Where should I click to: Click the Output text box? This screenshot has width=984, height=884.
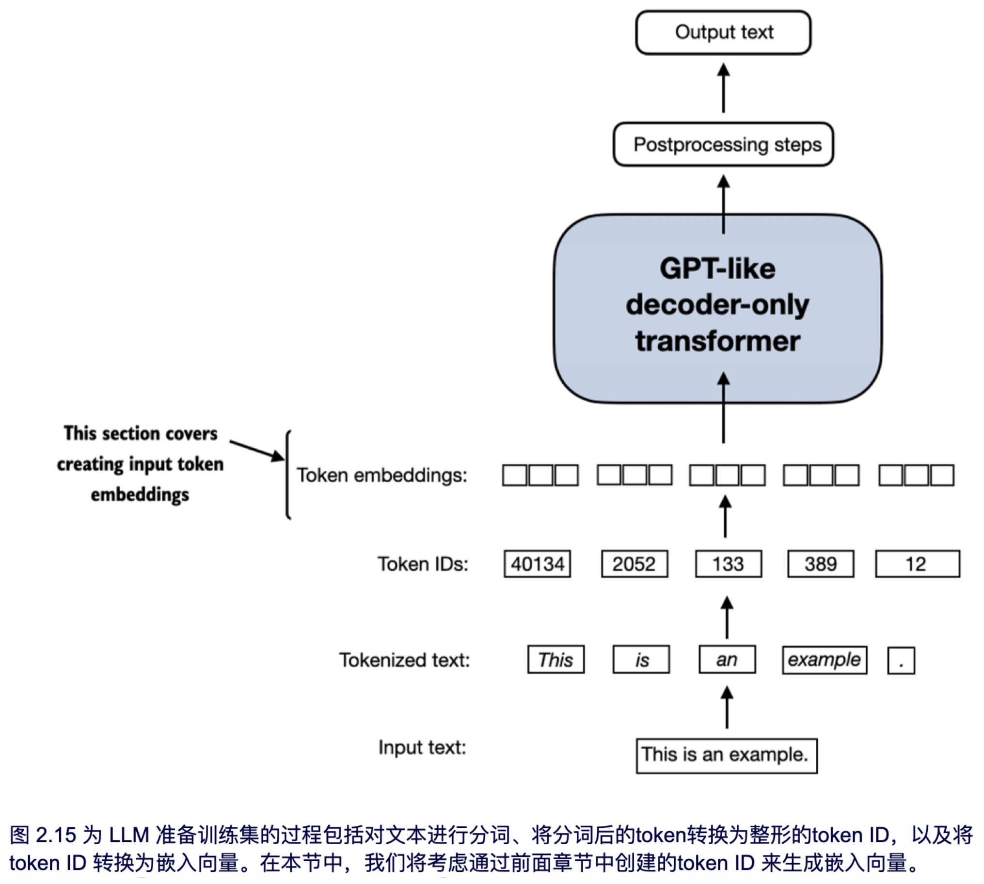click(723, 32)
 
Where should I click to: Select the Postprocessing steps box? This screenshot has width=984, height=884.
click(723, 144)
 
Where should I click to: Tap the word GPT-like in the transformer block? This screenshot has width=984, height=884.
click(717, 268)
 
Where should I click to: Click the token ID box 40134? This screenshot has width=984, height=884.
click(537, 564)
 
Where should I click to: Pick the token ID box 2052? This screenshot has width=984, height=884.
click(635, 564)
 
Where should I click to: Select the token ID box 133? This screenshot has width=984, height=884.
click(728, 564)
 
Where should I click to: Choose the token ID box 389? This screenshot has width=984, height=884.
click(820, 564)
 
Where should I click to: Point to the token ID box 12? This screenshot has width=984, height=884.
click(917, 564)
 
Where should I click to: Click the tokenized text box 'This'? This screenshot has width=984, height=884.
click(555, 660)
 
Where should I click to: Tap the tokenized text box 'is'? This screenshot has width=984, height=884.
click(641, 660)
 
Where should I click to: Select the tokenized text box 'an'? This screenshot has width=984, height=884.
click(727, 660)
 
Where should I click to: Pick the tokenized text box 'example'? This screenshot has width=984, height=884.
click(824, 660)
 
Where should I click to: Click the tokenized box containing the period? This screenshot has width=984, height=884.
click(901, 661)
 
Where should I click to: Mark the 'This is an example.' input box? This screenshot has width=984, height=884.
click(726, 756)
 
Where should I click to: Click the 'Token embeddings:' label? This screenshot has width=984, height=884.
click(382, 475)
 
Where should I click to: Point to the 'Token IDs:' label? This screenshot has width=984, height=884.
click(423, 564)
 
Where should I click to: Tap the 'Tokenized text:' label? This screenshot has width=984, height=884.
click(405, 660)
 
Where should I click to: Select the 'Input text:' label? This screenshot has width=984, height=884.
click(422, 747)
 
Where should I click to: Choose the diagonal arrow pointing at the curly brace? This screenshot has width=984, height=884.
click(256, 450)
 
